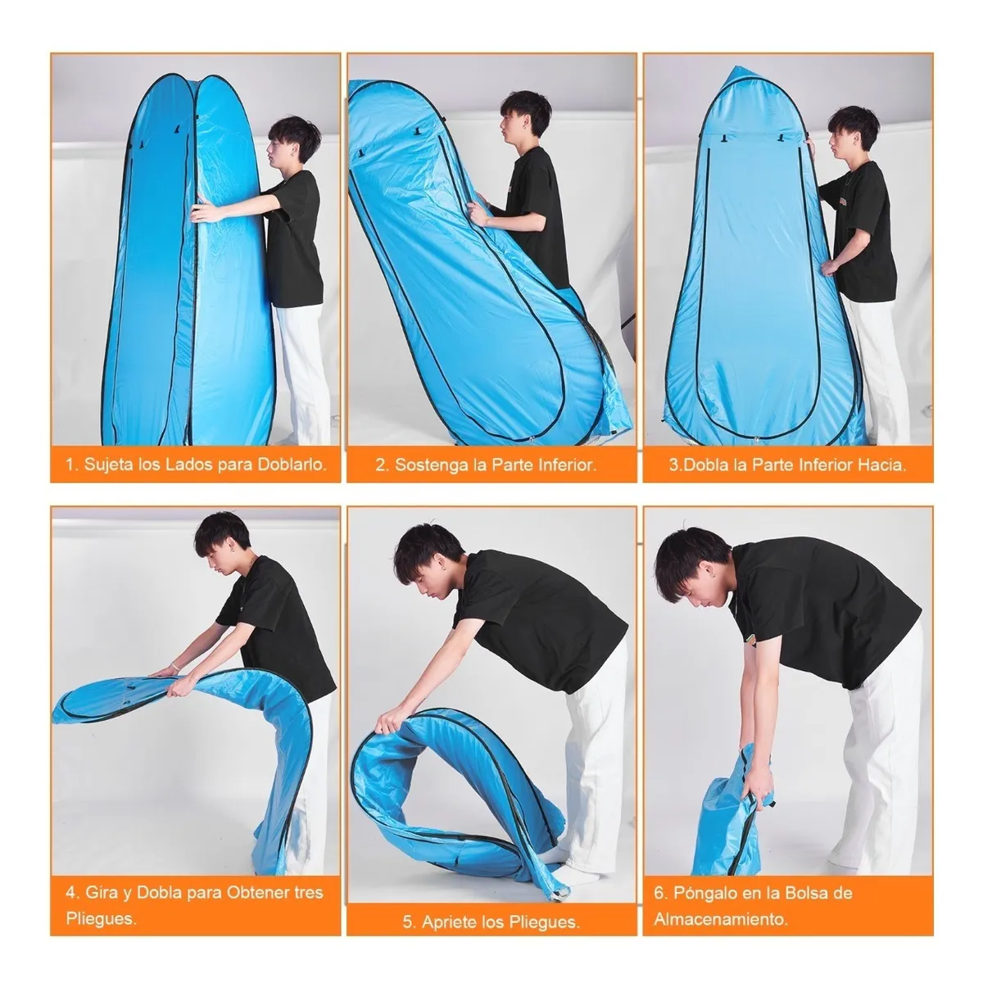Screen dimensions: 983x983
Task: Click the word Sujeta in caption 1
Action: pos(112,464)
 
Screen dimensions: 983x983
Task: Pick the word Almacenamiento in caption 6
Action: pos(721,918)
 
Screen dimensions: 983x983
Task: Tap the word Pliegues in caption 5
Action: pos(540,922)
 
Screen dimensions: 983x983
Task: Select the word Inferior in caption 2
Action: pos(557,465)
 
